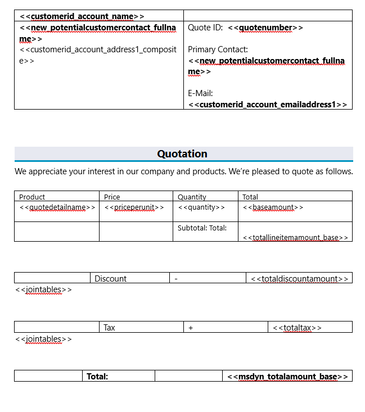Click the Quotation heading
click(182, 154)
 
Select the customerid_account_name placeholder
click(82, 16)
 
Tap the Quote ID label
click(205, 28)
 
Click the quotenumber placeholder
click(265, 28)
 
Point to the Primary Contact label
click(218, 49)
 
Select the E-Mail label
click(200, 93)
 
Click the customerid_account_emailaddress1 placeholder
click(268, 105)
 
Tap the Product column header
click(32, 197)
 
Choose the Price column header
click(112, 197)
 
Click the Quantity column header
click(192, 197)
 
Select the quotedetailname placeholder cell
click(57, 207)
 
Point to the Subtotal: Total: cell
click(202, 228)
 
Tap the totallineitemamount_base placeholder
click(296, 237)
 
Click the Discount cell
click(110, 278)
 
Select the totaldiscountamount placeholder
click(299, 278)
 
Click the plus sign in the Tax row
click(191, 327)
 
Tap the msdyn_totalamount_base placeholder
click(287, 376)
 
